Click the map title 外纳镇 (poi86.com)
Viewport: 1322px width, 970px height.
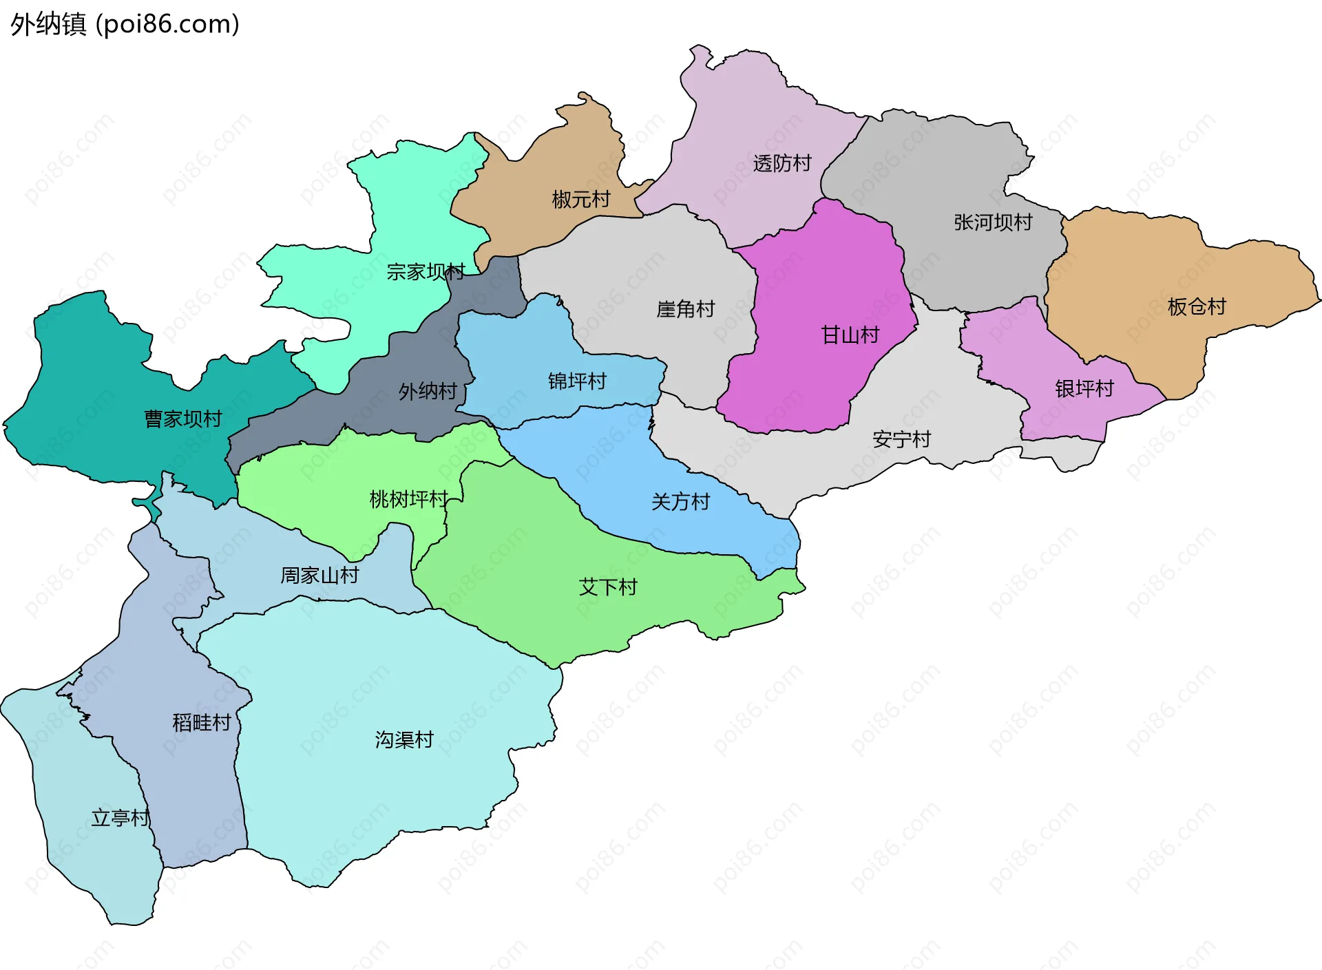(125, 24)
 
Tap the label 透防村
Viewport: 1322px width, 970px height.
(782, 163)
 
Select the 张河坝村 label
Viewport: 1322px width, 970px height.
(993, 222)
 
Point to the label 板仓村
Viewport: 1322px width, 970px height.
(1197, 306)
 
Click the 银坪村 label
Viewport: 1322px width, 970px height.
(1084, 388)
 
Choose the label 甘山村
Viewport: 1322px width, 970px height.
(850, 335)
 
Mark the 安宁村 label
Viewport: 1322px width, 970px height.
(901, 439)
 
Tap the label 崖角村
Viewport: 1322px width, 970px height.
(686, 308)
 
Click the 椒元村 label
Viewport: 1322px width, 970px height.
(581, 199)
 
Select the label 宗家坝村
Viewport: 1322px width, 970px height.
(426, 271)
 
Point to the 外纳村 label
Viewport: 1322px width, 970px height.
(428, 391)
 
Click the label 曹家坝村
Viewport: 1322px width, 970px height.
(183, 419)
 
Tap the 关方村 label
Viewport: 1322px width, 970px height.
(680, 501)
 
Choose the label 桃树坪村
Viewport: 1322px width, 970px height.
(409, 498)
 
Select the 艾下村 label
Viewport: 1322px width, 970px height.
(608, 587)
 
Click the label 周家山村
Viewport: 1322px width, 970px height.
(319, 575)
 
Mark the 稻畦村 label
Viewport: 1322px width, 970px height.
(202, 722)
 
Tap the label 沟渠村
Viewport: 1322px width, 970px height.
(404, 739)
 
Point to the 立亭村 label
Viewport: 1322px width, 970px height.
(120, 817)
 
